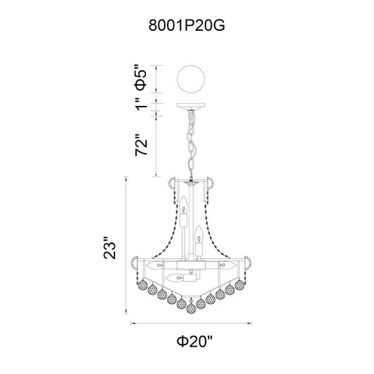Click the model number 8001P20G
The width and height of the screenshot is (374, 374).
tap(187, 25)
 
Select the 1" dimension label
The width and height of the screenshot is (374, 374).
tap(142, 105)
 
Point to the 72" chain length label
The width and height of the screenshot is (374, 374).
tap(142, 145)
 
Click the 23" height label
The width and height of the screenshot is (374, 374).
tap(109, 248)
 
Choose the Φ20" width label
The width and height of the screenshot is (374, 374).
tap(194, 342)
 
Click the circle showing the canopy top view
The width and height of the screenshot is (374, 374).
tap(191, 79)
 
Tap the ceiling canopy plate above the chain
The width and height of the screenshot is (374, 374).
tap(191, 106)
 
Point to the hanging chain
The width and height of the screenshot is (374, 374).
tap(191, 145)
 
